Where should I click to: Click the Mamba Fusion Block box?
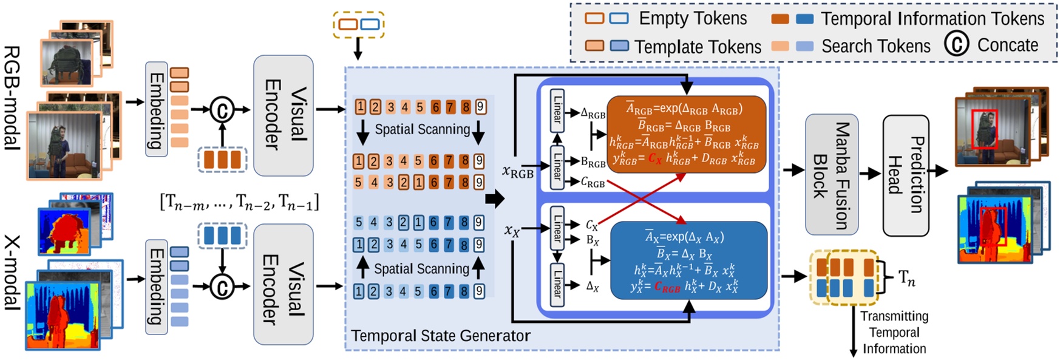(831, 175)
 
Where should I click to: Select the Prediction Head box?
(905, 175)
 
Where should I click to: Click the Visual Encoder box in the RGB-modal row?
(283, 115)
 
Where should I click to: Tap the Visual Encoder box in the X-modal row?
(283, 284)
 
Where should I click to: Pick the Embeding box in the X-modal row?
(157, 287)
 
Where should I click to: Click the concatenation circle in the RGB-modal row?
(222, 110)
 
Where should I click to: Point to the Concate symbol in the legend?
(957, 45)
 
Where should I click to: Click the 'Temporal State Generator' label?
(441, 336)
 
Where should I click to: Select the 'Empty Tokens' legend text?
(693, 18)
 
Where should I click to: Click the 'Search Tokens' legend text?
(875, 46)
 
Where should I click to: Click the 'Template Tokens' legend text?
(698, 47)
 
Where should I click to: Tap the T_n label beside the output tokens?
(906, 278)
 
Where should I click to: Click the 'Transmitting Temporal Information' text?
(894, 332)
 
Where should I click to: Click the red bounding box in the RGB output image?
(984, 129)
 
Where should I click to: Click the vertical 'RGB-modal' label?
(12, 97)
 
